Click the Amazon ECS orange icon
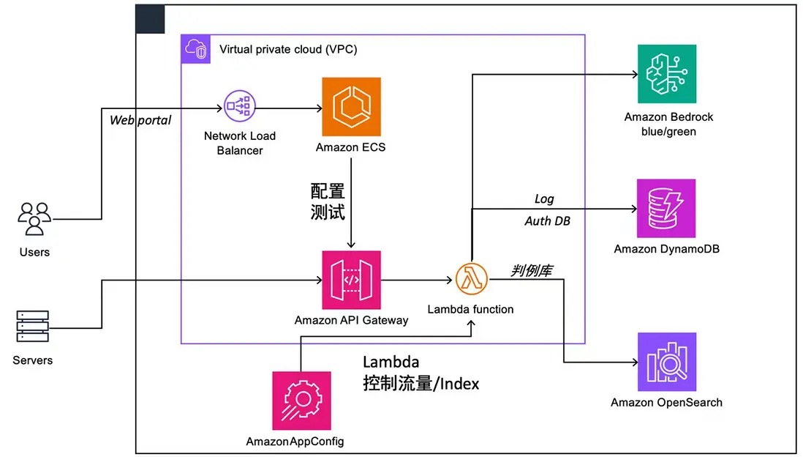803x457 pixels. tap(351, 108)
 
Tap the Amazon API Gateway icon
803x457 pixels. tap(351, 280)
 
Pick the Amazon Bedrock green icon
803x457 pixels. tap(666, 74)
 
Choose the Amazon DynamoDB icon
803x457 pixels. tap(666, 208)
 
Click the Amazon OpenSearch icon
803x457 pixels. tap(666, 362)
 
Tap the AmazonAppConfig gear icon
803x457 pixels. tap(301, 400)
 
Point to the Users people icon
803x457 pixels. tap(34, 219)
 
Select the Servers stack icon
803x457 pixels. tap(32, 327)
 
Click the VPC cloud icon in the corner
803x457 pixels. tap(196, 49)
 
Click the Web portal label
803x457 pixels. tap(140, 120)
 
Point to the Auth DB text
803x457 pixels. tap(547, 220)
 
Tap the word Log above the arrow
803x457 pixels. tap(544, 198)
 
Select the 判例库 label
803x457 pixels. tap(531, 271)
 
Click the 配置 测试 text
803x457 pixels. tap(327, 202)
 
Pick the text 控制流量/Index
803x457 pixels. tap(421, 383)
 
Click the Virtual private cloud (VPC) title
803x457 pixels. tap(288, 50)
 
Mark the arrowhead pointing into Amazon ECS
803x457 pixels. tap(319, 108)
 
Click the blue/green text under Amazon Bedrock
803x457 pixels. tap(668, 132)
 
